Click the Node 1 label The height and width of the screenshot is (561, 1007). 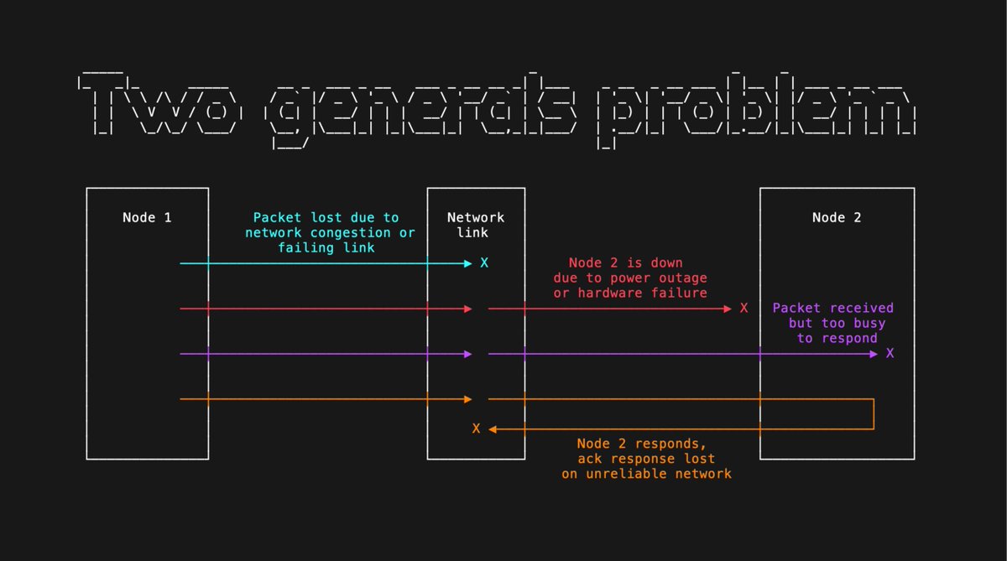click(147, 218)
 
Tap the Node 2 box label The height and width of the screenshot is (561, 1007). click(837, 218)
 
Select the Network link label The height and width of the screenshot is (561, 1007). click(476, 225)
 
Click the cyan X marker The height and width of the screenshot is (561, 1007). click(484, 263)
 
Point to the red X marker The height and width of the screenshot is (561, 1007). click(744, 309)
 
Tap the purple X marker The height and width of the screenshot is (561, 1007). click(890, 354)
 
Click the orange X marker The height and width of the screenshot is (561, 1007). click(476, 429)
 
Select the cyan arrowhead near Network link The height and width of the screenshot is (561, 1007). click(468, 263)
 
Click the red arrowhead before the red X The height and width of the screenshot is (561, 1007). click(728, 309)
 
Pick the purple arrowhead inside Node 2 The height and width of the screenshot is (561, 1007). click(874, 354)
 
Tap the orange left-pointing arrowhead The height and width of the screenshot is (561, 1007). click(493, 429)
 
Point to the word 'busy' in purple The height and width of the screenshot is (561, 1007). click(865, 323)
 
